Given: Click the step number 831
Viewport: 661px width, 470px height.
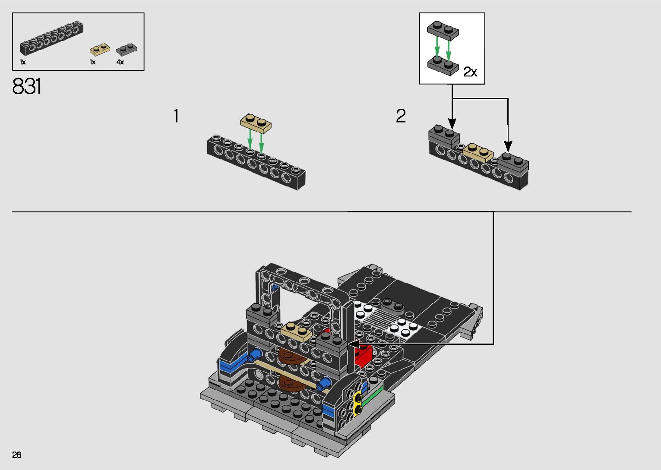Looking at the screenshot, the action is [27, 87].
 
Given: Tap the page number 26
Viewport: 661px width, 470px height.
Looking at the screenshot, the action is [17, 455].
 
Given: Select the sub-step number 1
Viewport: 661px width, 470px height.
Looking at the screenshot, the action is [176, 116].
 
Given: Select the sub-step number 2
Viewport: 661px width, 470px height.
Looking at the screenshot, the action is [401, 116].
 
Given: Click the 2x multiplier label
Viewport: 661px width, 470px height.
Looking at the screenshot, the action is [470, 72].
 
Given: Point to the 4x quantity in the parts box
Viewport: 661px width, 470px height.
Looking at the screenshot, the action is [120, 62].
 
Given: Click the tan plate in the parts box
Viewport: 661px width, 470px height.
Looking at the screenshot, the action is [99, 50].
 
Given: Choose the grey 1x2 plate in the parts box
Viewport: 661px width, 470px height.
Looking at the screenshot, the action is [127, 49].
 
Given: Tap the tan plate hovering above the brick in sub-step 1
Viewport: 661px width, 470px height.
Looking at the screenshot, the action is [256, 123].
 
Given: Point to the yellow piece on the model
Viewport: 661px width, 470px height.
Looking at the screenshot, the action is [357, 404].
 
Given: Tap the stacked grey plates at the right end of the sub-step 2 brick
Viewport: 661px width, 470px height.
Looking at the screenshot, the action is [513, 162].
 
